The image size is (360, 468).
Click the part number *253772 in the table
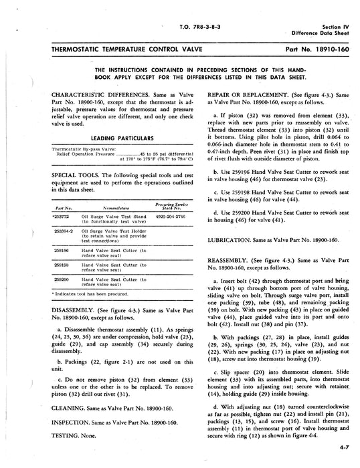pyautogui.click(x=60, y=217)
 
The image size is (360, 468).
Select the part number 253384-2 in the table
pyautogui.click(x=61, y=230)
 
